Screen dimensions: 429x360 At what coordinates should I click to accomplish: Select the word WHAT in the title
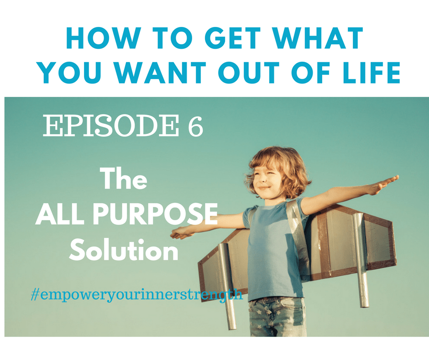click(x=317, y=38)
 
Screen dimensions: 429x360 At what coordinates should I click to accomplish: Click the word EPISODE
click(x=111, y=126)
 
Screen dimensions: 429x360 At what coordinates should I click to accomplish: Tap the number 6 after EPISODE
click(x=195, y=126)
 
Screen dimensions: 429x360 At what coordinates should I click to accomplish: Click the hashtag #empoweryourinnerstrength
click(x=137, y=295)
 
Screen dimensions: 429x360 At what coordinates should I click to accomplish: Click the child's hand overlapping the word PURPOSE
click(x=182, y=233)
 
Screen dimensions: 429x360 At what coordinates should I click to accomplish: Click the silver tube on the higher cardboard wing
click(x=361, y=260)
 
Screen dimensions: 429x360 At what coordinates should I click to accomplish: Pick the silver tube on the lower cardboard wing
click(x=227, y=286)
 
